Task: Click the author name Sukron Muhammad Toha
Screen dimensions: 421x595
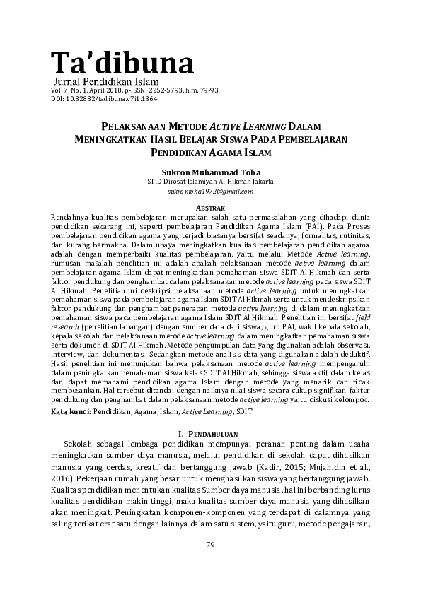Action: [210, 171]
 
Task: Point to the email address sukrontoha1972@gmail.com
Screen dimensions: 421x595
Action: [210, 192]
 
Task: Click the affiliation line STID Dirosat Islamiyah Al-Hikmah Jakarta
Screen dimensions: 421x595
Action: [210, 182]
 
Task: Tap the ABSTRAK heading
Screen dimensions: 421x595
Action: [210, 206]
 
